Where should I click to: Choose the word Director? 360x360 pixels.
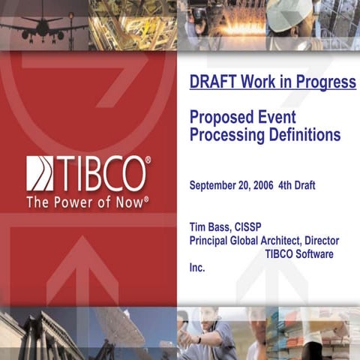point(319,241)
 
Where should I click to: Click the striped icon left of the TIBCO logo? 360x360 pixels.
point(40,173)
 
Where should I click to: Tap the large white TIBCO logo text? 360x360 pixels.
point(102,173)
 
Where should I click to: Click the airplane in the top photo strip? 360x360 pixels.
point(41,26)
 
